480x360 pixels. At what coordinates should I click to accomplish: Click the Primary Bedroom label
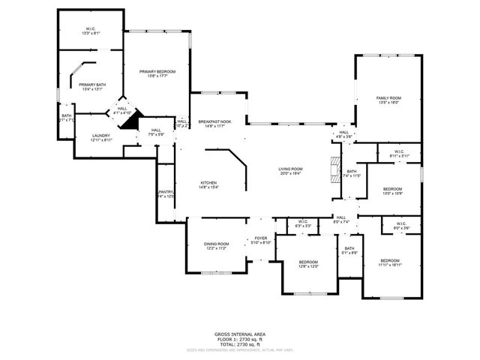[x=157, y=72]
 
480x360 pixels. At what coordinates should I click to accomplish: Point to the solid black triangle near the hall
[x=132, y=121]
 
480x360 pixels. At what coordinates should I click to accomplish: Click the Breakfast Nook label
[x=214, y=121]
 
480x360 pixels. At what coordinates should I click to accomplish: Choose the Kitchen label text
[x=208, y=184]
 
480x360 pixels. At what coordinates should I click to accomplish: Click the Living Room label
[x=291, y=169]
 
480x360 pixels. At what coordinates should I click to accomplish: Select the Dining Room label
[x=216, y=244]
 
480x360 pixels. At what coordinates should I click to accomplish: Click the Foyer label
[x=260, y=238]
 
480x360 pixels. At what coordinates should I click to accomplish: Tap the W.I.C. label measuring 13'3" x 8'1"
[x=91, y=30]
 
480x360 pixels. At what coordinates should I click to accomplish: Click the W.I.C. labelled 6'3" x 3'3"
[x=303, y=222]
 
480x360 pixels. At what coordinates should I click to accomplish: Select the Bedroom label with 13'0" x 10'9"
[x=392, y=189]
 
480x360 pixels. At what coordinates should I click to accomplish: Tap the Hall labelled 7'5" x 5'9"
[x=156, y=131]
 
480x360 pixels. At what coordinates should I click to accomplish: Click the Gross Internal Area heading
[x=240, y=334]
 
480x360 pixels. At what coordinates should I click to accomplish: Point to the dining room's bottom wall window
[x=212, y=272]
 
